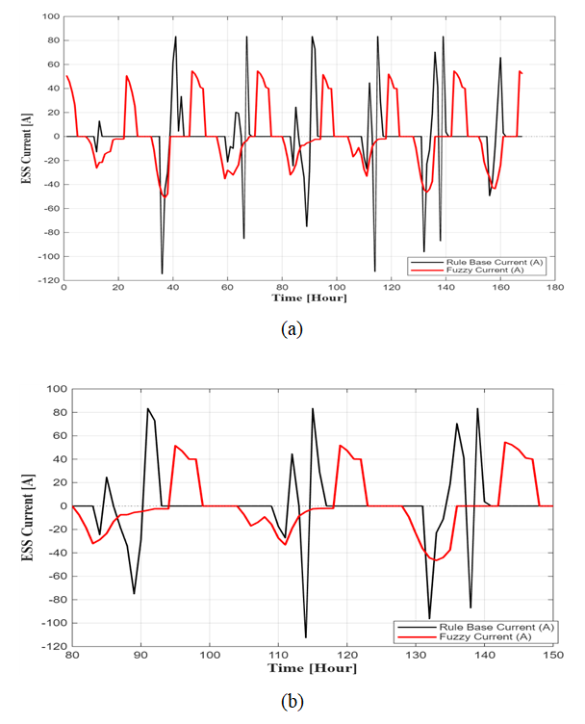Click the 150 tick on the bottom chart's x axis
(552, 655)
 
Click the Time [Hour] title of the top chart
(308, 297)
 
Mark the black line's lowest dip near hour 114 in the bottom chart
(306, 637)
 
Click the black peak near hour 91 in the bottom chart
(148, 408)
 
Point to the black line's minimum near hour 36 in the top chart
(162, 273)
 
